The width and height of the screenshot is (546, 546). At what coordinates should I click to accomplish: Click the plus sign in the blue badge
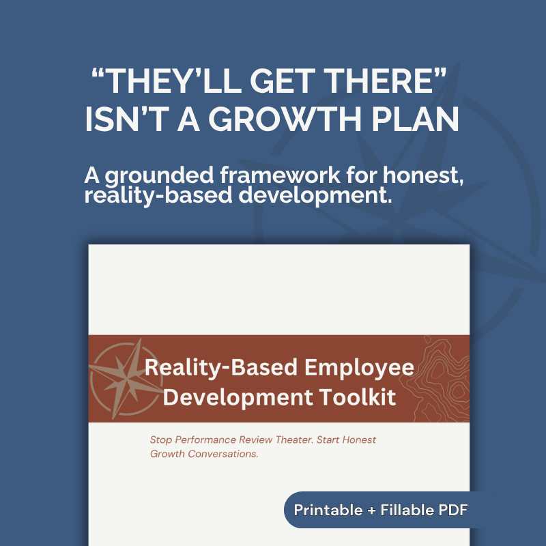[x=369, y=510]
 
